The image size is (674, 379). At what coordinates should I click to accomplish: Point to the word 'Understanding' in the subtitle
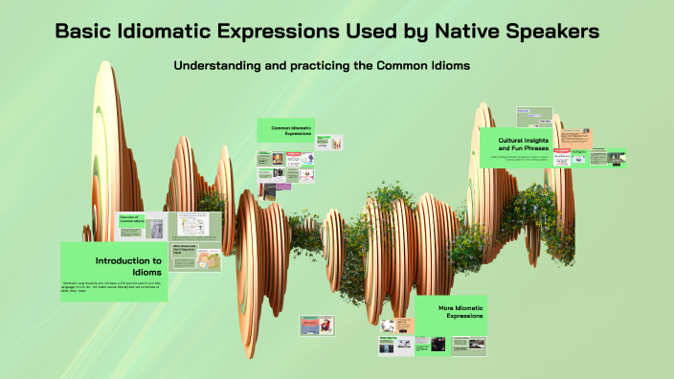[222, 66]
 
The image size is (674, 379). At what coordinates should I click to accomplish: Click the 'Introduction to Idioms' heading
[127, 266]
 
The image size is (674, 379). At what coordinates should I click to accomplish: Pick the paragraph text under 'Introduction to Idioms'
[113, 287]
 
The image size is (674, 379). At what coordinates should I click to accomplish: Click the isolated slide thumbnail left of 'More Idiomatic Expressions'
[316, 326]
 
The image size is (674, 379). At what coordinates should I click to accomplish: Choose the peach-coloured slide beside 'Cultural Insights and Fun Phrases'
[583, 138]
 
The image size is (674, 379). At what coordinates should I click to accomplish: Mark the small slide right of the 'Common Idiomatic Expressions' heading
[332, 144]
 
